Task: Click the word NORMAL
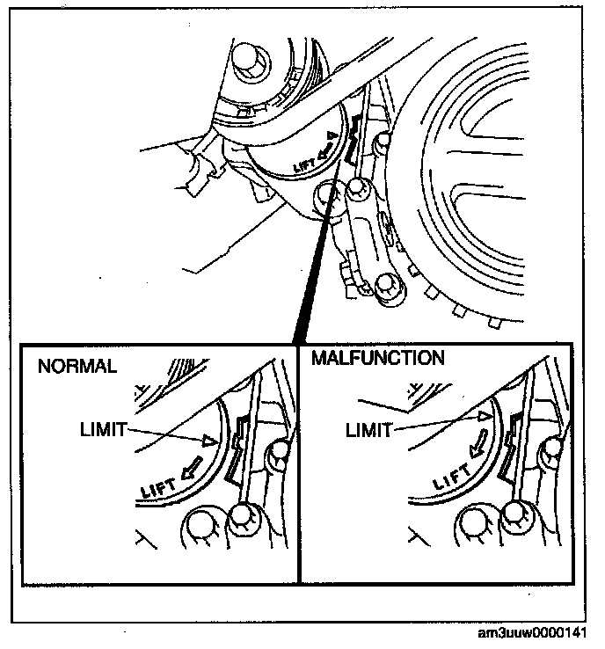77,367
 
